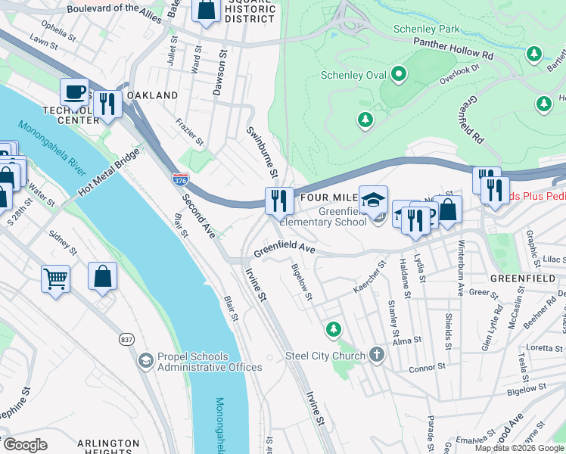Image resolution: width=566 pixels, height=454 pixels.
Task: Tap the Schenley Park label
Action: (427, 30)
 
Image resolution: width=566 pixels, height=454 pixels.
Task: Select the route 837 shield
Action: (126, 340)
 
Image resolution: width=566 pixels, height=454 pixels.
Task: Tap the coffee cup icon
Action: (74, 92)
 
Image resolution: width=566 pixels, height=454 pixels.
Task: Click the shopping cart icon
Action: (56, 278)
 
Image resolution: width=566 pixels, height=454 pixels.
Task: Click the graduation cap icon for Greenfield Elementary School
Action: (373, 200)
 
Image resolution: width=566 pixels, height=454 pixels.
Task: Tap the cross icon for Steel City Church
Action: (377, 356)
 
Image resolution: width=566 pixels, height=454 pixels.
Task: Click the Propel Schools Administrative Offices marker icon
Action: (145, 361)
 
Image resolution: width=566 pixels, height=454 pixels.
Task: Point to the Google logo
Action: (25, 444)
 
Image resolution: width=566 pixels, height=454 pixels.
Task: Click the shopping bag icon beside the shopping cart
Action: (102, 277)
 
